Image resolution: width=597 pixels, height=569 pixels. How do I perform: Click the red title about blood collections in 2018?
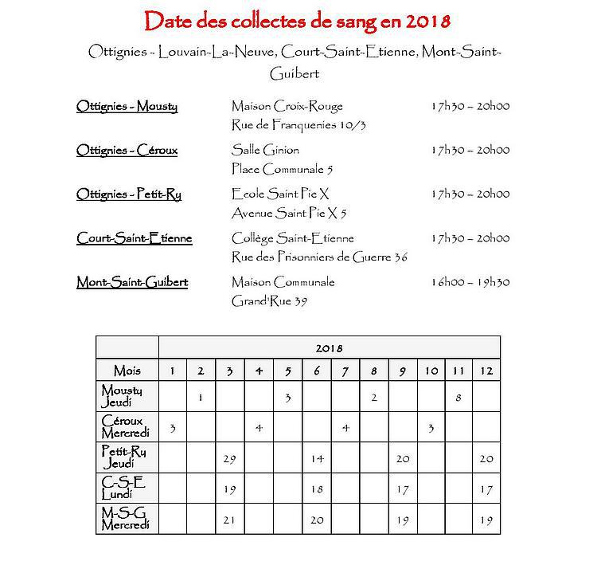tap(298, 18)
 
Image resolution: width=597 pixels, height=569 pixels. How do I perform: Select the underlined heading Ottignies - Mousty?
tap(127, 106)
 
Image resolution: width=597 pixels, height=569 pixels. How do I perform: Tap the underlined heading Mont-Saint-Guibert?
tap(132, 282)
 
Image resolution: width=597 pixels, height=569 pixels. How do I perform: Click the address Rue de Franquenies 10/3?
tap(298, 125)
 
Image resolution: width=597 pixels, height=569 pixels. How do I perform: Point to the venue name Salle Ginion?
tap(266, 150)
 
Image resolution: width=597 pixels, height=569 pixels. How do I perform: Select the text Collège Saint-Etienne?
tap(293, 237)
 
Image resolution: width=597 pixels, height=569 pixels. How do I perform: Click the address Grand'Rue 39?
tap(270, 301)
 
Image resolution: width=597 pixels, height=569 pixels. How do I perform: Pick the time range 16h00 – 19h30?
tap(470, 282)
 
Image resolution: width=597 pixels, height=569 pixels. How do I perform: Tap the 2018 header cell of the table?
tap(330, 347)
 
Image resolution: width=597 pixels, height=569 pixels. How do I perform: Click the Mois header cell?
tap(127, 371)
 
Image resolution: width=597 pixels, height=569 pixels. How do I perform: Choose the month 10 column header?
tap(430, 371)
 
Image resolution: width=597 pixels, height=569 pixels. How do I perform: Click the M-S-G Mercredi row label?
tap(125, 519)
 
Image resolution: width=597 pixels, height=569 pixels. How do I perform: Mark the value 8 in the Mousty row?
tap(458, 397)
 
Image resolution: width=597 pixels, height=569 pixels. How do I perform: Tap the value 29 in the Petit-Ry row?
tap(230, 458)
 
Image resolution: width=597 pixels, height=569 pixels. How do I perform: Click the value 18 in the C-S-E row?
tap(316, 489)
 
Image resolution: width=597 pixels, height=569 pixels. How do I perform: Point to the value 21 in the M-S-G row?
tap(230, 520)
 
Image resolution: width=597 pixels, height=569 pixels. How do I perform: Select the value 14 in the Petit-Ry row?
tap(316, 458)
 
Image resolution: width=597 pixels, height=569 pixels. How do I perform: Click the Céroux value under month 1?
tap(173, 428)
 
